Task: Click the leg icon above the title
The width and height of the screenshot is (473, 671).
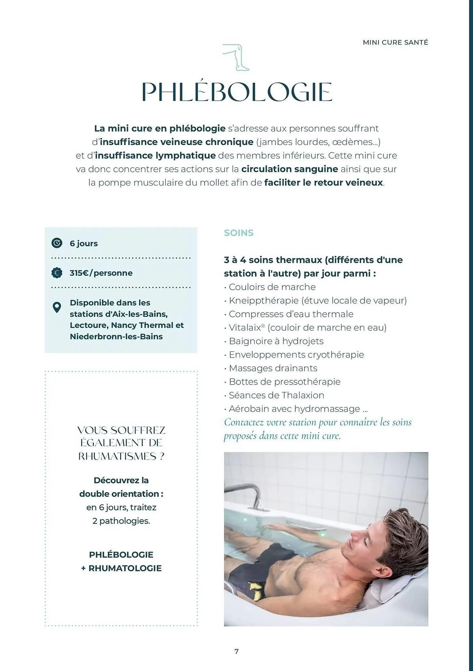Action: [x=236, y=57]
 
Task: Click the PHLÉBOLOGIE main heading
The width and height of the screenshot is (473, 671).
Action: [x=237, y=92]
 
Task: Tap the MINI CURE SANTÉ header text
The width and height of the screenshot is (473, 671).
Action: [x=395, y=43]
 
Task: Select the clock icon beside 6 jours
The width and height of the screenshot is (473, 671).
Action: [x=57, y=243]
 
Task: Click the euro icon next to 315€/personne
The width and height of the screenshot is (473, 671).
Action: [x=57, y=273]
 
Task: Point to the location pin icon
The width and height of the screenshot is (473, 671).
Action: [x=57, y=307]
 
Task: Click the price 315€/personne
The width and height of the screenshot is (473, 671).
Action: [x=101, y=273]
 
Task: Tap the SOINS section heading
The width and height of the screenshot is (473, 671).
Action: [x=239, y=233]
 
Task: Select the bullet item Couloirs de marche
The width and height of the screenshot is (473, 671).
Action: [x=272, y=287]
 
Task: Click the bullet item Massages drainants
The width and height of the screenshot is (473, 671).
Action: [x=273, y=368]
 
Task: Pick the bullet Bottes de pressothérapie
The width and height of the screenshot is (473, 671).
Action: [x=284, y=382]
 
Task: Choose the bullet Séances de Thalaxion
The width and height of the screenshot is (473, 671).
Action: [x=276, y=395]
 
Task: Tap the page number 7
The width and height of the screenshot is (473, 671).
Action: [x=236, y=651]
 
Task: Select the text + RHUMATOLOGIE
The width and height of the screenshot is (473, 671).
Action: [x=121, y=568]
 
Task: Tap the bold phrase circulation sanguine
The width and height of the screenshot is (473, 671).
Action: [x=289, y=169]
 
